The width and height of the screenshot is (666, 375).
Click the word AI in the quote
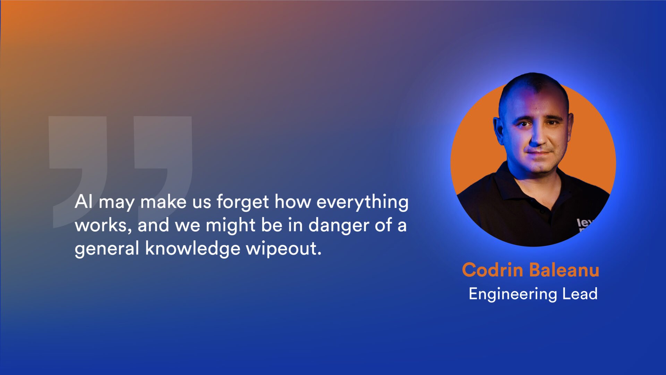pos(83,201)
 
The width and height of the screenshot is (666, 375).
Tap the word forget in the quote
pos(242,202)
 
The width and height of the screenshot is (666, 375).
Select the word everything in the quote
pos(362,202)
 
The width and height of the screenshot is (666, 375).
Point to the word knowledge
pos(193,249)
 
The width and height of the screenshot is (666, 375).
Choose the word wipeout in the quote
pos(283,249)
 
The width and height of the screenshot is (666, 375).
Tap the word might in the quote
pos(231,225)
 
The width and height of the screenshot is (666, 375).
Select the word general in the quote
pos(107,249)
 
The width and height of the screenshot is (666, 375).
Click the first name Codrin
pos(493,270)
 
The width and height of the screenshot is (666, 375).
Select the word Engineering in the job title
pos(513,294)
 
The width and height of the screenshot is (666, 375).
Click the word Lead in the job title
pos(580,293)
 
